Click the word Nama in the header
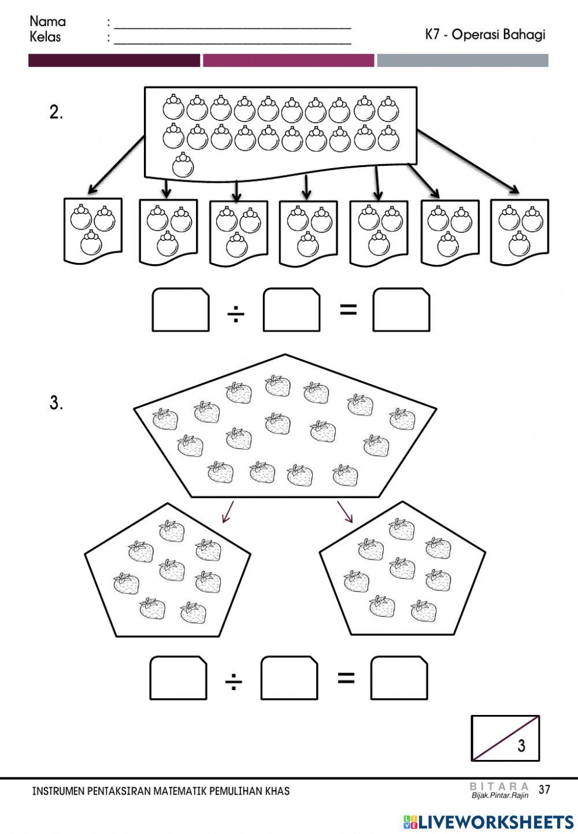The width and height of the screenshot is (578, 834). pos(48,21)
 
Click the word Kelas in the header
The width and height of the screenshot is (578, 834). pos(45,37)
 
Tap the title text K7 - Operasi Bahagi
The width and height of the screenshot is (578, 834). pos(485,35)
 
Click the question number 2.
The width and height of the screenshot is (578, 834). pos(56,113)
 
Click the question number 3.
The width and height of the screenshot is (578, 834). pos(56,403)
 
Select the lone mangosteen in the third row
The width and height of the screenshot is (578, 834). pos(183,165)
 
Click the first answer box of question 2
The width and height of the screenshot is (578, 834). pos(180,310)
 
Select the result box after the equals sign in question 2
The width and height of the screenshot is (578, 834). pos(401,310)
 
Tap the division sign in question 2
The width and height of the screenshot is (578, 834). pos(236,315)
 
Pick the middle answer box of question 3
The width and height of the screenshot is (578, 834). pos(289,677)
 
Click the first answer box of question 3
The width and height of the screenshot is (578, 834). pos(178,677)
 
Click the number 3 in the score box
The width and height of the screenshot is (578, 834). pos(521,746)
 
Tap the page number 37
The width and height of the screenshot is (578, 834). pos(544,789)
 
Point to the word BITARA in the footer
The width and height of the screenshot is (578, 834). pos(499,785)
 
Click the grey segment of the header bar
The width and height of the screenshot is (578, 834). pos(462,61)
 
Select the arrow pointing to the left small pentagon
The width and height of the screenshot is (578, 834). pos(228,512)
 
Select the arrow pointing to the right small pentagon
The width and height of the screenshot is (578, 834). pos(345,512)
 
